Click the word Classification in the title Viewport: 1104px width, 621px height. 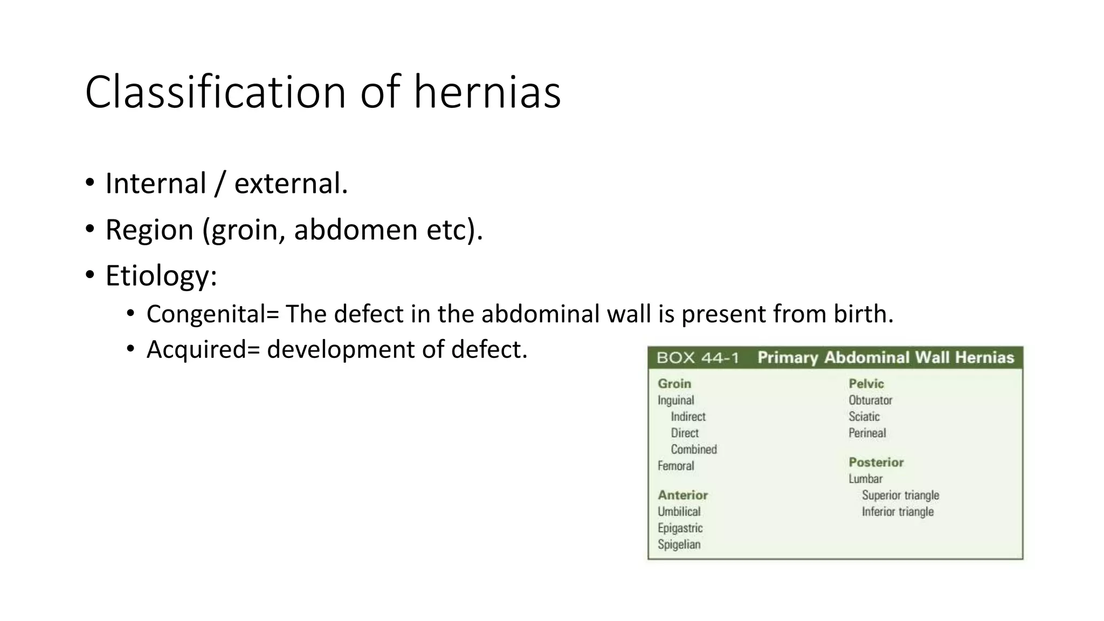(215, 92)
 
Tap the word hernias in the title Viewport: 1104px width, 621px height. (487, 92)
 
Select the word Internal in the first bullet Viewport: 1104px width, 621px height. (156, 183)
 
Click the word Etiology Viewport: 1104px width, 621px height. (161, 275)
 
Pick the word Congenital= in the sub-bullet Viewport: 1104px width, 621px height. (212, 314)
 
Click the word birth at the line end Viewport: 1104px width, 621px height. (862, 314)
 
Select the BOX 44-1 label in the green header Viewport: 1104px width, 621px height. (698, 358)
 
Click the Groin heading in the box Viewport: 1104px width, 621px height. (674, 384)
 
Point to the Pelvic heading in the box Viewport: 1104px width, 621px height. (866, 384)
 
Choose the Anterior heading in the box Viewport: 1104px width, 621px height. (682, 495)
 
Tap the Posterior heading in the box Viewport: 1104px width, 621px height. (876, 462)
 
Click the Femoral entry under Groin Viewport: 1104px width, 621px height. (675, 466)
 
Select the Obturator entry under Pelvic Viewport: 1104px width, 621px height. (870, 400)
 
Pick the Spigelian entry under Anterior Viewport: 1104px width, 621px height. (679, 544)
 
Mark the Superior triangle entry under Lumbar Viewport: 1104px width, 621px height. (900, 495)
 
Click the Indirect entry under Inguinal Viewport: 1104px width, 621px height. (688, 417)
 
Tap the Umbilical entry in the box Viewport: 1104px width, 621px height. (679, 512)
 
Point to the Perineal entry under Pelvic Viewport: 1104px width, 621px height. (867, 433)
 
